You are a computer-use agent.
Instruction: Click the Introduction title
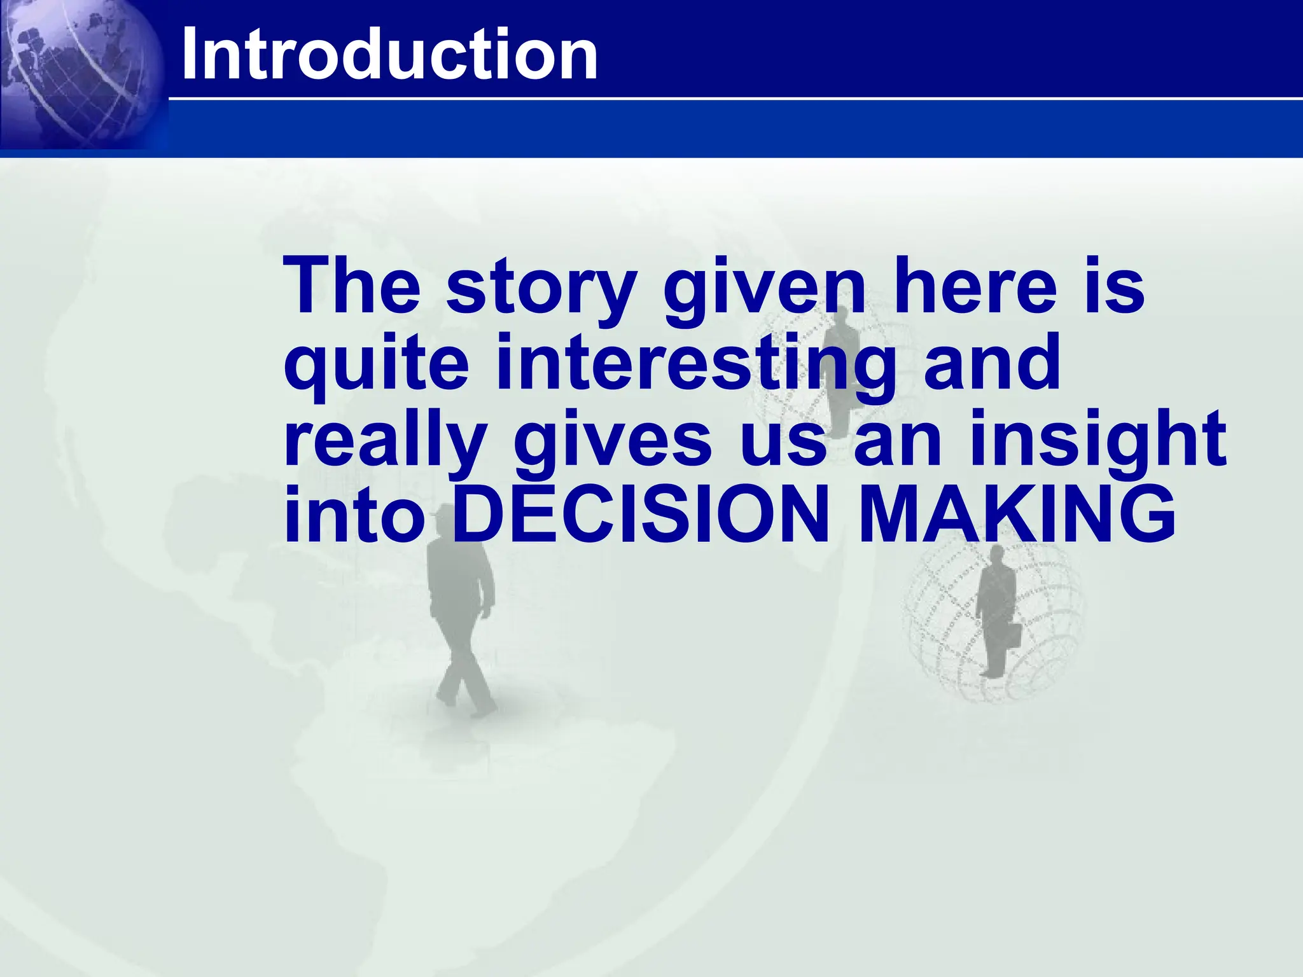click(389, 55)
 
